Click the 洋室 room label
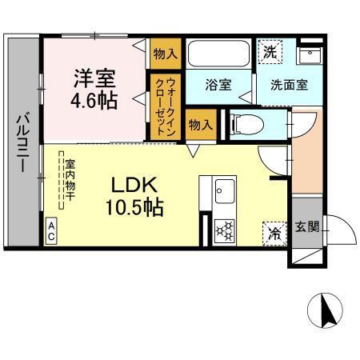(x=95, y=80)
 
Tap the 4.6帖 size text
(x=95, y=102)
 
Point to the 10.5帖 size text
(x=134, y=208)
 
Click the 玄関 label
(x=306, y=226)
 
